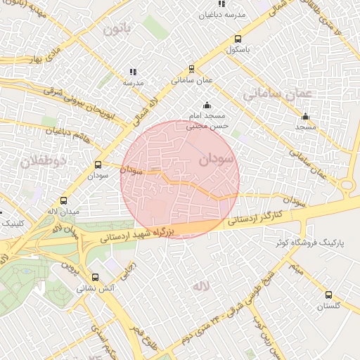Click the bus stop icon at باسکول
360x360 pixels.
(238, 39)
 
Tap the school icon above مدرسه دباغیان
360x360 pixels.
(222, 4)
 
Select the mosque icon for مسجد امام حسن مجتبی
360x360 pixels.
(206, 105)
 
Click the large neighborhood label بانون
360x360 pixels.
(117, 30)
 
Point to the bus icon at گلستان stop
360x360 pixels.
(328, 295)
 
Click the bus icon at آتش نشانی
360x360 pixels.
(96, 278)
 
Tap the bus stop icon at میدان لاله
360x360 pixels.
(64, 200)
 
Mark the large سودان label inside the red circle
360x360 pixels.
(214, 160)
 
